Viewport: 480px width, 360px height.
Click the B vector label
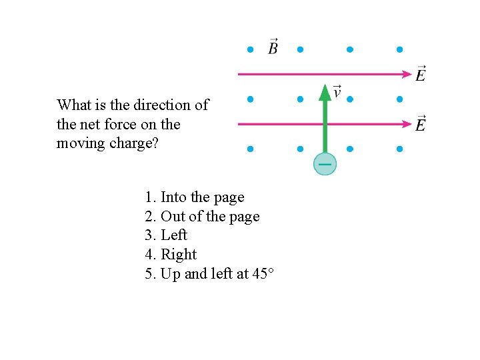click(x=273, y=48)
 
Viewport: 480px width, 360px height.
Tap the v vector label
click(x=337, y=91)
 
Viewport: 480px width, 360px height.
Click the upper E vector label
click(x=421, y=73)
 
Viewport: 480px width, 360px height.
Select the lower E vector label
click(x=421, y=123)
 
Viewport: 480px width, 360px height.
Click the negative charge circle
click(x=325, y=164)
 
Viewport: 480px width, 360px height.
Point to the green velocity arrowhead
click(x=325, y=92)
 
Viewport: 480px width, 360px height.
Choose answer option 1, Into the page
click(x=195, y=197)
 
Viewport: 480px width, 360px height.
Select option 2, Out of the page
click(x=202, y=217)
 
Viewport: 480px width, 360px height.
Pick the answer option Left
click(x=166, y=235)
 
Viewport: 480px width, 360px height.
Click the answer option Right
click(x=171, y=255)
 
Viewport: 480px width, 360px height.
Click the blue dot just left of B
click(x=250, y=49)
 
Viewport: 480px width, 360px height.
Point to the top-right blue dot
click(x=399, y=49)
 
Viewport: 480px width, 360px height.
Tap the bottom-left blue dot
click(x=250, y=149)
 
